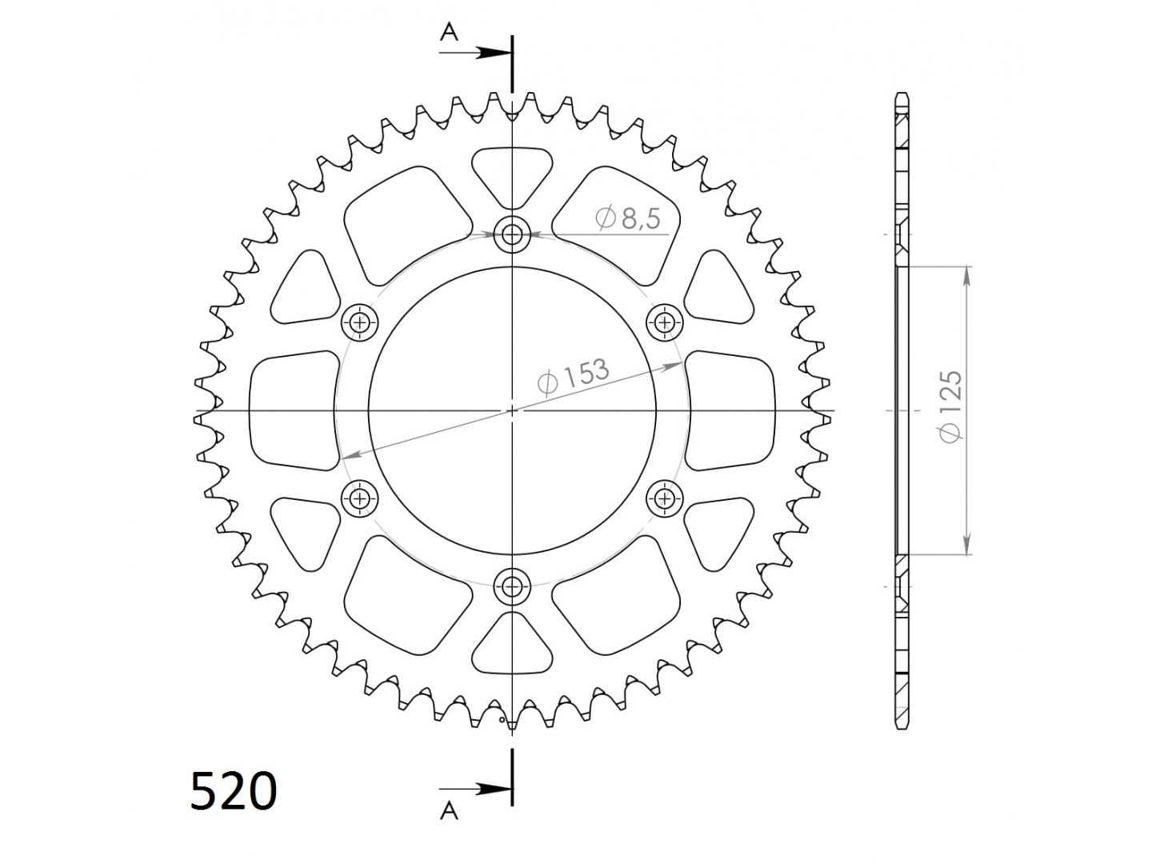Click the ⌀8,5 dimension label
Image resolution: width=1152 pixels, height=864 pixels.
628,218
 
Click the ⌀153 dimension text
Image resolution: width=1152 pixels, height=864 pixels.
573,376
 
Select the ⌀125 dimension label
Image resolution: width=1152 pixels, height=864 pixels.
950,406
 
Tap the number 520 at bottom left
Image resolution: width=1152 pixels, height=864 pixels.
234,790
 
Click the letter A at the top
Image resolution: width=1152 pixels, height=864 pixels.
450,33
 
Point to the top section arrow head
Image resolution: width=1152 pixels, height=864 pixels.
493,53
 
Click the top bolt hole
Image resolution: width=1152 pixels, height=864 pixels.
512,234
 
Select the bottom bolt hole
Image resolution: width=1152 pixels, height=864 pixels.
512,586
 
